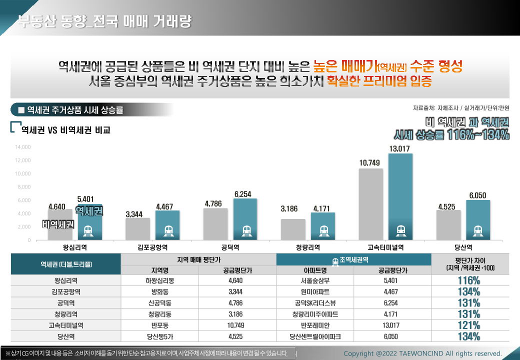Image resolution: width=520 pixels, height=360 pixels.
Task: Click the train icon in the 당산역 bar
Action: [478, 230]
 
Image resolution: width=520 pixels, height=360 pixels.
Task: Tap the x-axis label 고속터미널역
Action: [385, 247]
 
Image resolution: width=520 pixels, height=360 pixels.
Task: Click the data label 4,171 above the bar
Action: [321, 208]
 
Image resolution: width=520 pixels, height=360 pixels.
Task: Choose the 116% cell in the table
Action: [468, 280]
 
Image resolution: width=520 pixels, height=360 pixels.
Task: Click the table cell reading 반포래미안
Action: [315, 325]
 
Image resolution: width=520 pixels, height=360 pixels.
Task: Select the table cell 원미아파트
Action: [315, 291]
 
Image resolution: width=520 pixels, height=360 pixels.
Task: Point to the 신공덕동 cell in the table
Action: [160, 303]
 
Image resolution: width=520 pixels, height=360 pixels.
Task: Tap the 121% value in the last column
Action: [468, 325]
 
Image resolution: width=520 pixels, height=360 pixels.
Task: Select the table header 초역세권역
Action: [353, 260]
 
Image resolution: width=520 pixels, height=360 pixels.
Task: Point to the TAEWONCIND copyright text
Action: [422, 353]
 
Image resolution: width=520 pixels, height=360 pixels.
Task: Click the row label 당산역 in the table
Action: [66, 336]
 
